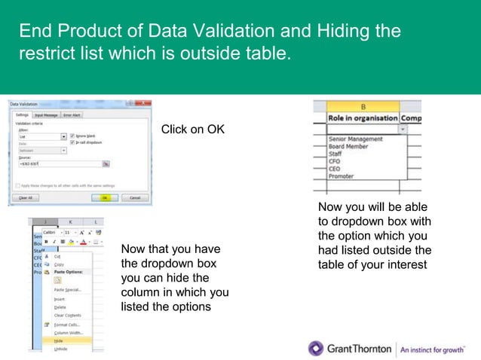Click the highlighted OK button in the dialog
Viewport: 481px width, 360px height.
(x=106, y=197)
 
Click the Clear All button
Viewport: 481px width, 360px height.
(x=26, y=197)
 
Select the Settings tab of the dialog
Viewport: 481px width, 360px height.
(x=23, y=115)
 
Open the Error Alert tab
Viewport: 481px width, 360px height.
(x=72, y=115)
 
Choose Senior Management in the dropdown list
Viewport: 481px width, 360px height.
(x=356, y=139)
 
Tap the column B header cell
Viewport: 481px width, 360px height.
(x=363, y=107)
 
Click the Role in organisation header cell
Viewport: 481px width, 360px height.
(x=363, y=118)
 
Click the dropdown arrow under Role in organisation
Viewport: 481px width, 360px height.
(x=403, y=129)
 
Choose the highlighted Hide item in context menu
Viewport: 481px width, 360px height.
(x=60, y=340)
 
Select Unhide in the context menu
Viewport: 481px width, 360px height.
(x=61, y=349)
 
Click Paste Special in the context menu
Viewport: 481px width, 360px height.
(x=68, y=289)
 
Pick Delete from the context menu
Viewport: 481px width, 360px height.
(x=60, y=307)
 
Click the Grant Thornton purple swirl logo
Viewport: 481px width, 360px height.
(x=316, y=348)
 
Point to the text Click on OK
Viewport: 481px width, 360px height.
(x=193, y=130)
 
